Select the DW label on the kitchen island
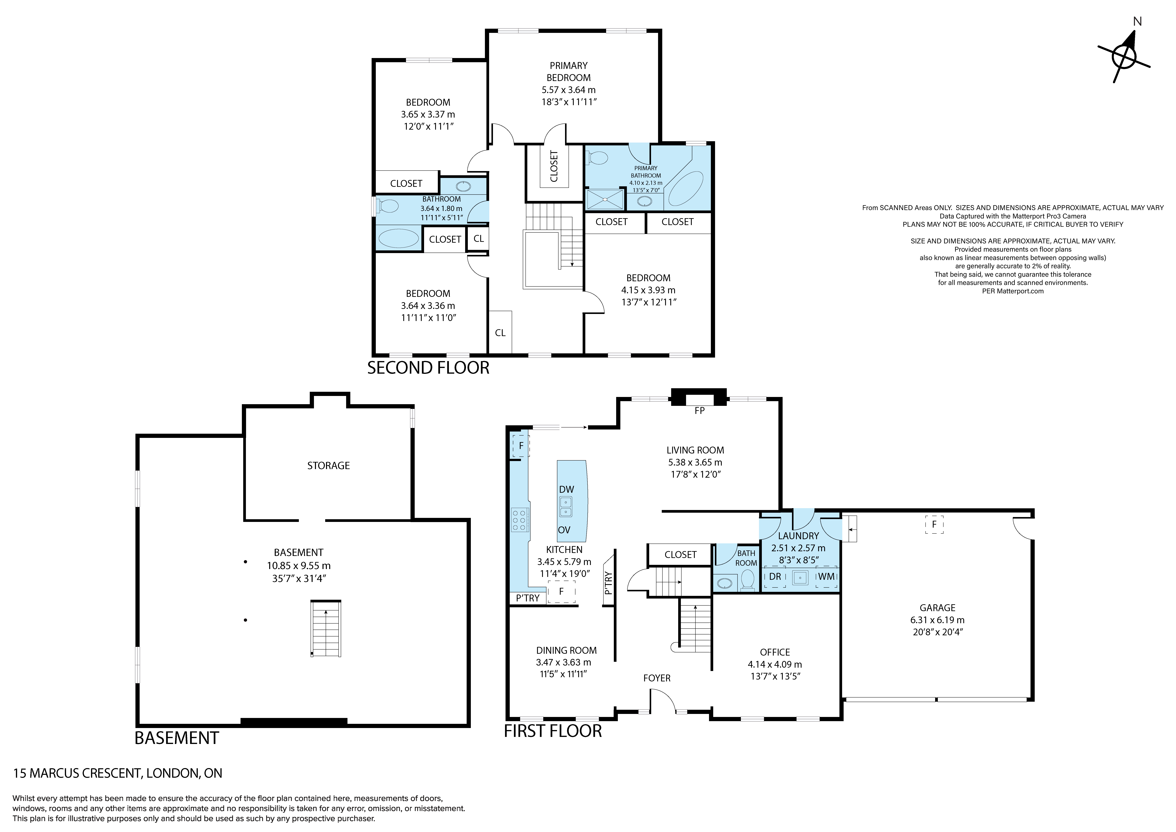point(567,490)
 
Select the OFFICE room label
point(775,652)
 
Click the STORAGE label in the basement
point(328,465)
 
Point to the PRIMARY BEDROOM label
point(569,72)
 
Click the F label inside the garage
point(934,524)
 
